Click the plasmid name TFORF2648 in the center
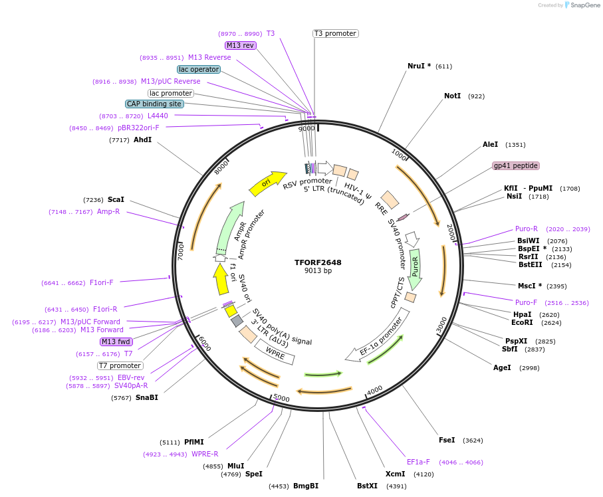pyautogui.click(x=318, y=262)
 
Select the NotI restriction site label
pyautogui.click(x=452, y=96)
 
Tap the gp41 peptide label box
pyautogui.click(x=515, y=165)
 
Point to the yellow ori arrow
pyautogui.click(x=264, y=184)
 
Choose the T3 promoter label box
pyautogui.click(x=335, y=33)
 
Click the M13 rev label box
pyautogui.click(x=240, y=45)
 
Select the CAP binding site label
pyautogui.click(x=154, y=104)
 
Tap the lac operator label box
pyautogui.click(x=199, y=69)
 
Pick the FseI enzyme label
pyautogui.click(x=447, y=440)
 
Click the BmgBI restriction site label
pyautogui.click(x=306, y=486)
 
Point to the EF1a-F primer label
pyautogui.click(x=418, y=462)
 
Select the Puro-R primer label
pyautogui.click(x=527, y=229)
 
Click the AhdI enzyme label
pyautogui.click(x=142, y=140)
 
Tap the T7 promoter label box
pyautogui.click(x=120, y=365)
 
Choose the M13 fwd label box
pyautogui.click(x=116, y=342)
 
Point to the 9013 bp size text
pyautogui.click(x=318, y=271)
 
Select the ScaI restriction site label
pyautogui.click(x=116, y=199)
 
